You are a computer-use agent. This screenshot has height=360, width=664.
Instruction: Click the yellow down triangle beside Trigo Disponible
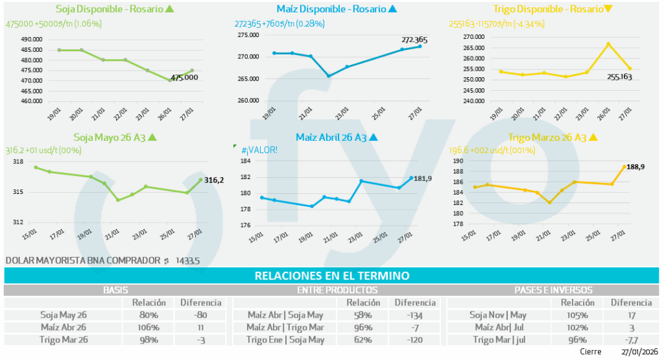coord(608,9)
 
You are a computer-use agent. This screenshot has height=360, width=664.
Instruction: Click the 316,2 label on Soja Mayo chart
coord(214,180)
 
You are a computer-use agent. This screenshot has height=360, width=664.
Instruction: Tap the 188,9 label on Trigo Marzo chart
coord(639,167)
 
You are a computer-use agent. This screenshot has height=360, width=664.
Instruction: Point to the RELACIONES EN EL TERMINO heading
coord(332,276)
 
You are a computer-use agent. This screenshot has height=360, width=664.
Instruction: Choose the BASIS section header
coord(116,290)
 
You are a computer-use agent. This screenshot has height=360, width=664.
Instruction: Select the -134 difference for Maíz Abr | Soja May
coord(414,315)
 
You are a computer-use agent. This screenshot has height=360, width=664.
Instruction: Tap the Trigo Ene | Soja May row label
coord(285,339)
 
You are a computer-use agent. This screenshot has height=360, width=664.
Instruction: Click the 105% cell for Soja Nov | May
coord(576,315)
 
